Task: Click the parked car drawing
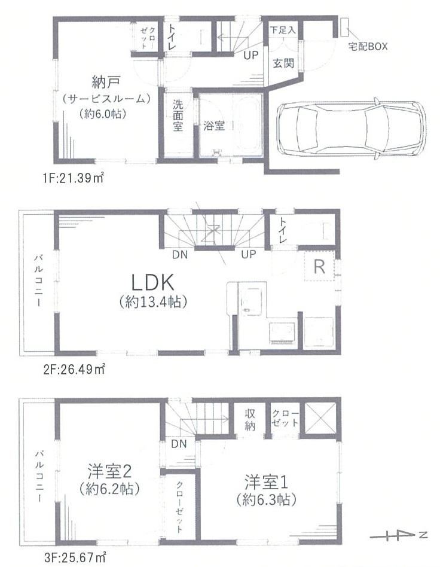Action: [x=351, y=129]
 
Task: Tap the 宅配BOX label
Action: [x=367, y=46]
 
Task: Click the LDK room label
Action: [x=152, y=282]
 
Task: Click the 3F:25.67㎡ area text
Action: [x=75, y=557]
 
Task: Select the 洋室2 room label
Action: [x=109, y=471]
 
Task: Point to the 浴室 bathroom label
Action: [x=213, y=126]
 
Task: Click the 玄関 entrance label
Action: [x=283, y=63]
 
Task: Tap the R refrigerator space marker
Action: [x=319, y=267]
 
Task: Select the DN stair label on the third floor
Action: [x=179, y=444]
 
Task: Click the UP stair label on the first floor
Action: [x=250, y=56]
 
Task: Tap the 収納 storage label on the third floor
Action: [x=250, y=420]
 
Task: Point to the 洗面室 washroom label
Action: [x=178, y=115]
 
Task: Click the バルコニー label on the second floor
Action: [x=38, y=281]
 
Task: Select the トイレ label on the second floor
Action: [x=283, y=231]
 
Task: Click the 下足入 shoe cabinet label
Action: [x=283, y=30]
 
